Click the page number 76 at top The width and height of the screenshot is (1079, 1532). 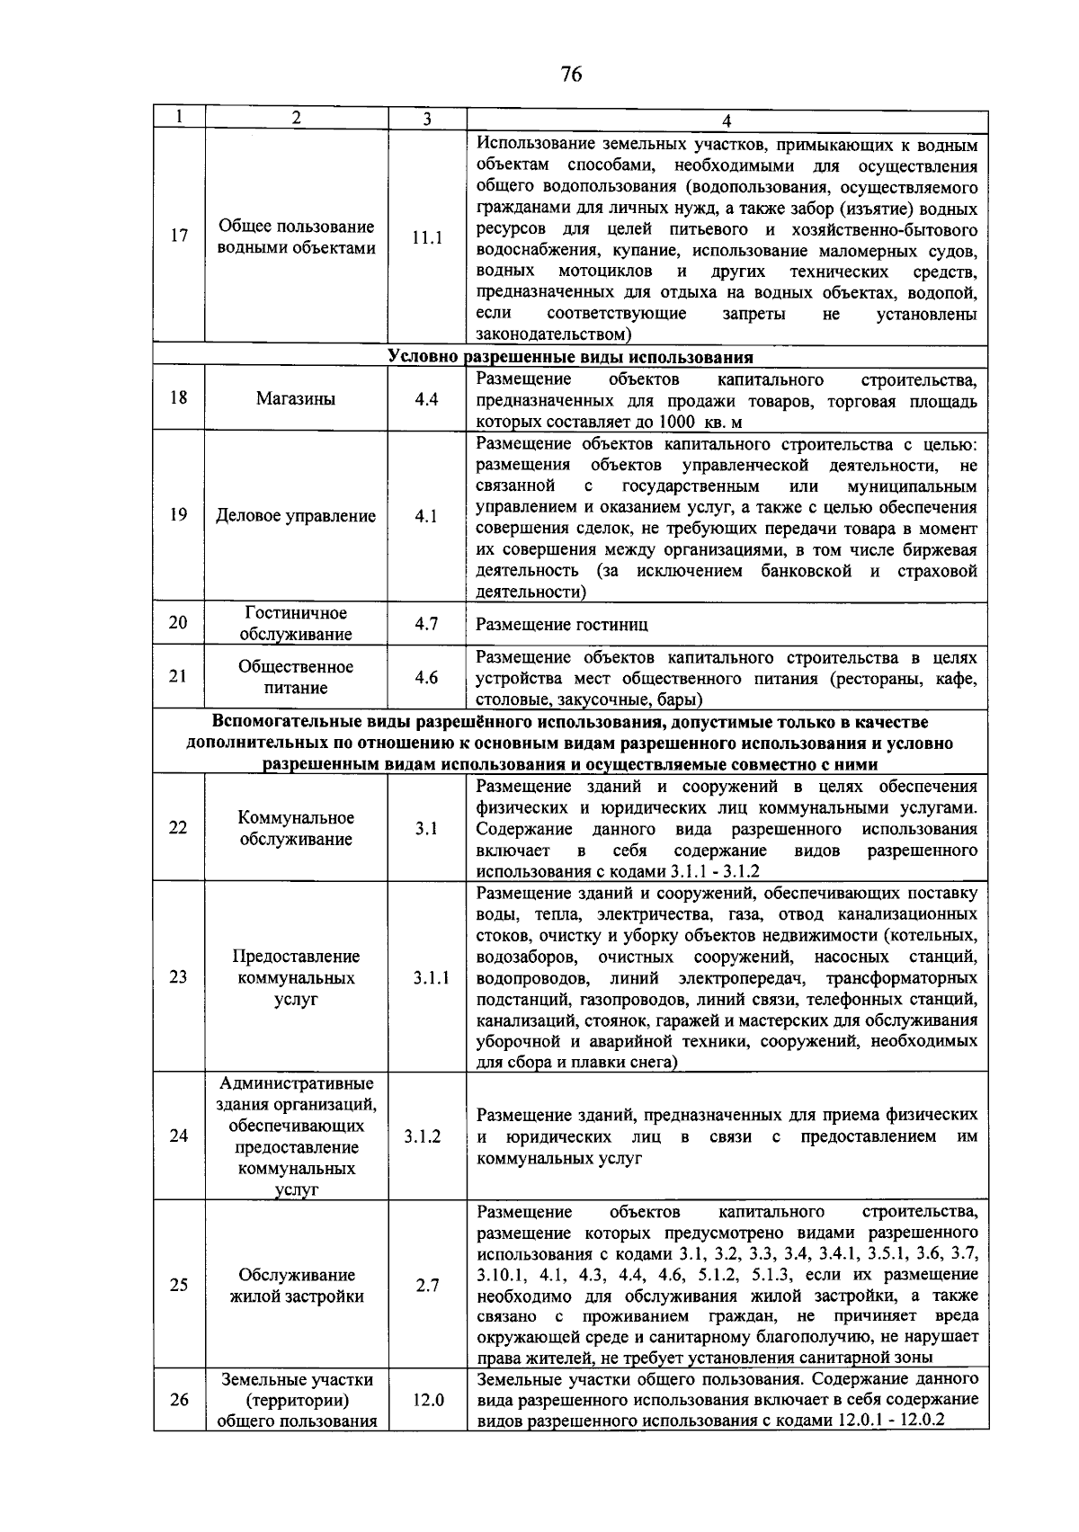(x=571, y=75)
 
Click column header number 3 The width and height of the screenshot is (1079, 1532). (x=427, y=119)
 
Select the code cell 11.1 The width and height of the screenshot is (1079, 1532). (x=427, y=238)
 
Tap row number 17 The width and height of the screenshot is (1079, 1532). (x=179, y=236)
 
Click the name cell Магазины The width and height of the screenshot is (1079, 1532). (x=296, y=399)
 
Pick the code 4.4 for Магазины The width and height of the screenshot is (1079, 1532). (x=426, y=398)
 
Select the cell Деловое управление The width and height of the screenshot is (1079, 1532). (x=296, y=516)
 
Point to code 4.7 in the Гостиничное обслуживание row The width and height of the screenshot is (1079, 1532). (x=426, y=623)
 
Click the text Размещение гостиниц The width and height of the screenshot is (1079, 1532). (x=561, y=624)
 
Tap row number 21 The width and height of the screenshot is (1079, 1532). (x=179, y=676)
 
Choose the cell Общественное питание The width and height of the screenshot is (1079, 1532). (x=296, y=677)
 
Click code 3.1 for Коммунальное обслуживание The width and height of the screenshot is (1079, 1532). (x=426, y=828)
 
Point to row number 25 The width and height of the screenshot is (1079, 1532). (x=179, y=1285)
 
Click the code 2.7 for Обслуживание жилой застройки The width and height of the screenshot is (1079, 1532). (x=427, y=1286)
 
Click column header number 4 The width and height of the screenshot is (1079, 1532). (x=727, y=120)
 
